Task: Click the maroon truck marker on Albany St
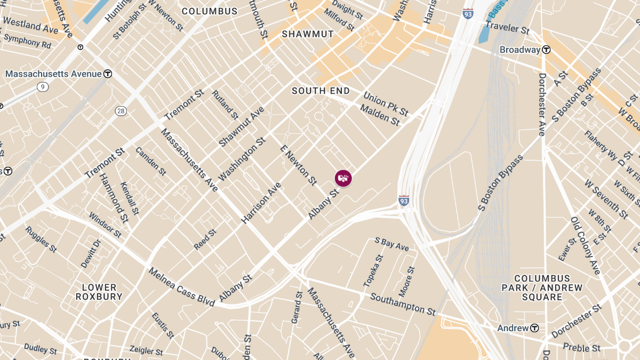click(343, 178)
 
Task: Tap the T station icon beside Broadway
click(546, 50)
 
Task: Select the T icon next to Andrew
click(534, 328)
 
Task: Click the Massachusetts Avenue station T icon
click(108, 74)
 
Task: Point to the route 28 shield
click(121, 110)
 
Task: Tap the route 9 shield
click(43, 86)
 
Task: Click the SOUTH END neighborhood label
click(321, 91)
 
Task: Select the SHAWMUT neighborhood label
click(308, 34)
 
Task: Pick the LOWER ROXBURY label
click(99, 292)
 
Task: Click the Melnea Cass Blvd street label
click(181, 287)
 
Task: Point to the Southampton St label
click(403, 303)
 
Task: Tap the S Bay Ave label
click(392, 245)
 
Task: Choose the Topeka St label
click(375, 269)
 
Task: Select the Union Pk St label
click(386, 104)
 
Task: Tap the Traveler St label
click(507, 28)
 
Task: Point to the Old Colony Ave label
click(586, 245)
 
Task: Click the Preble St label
click(581, 348)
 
